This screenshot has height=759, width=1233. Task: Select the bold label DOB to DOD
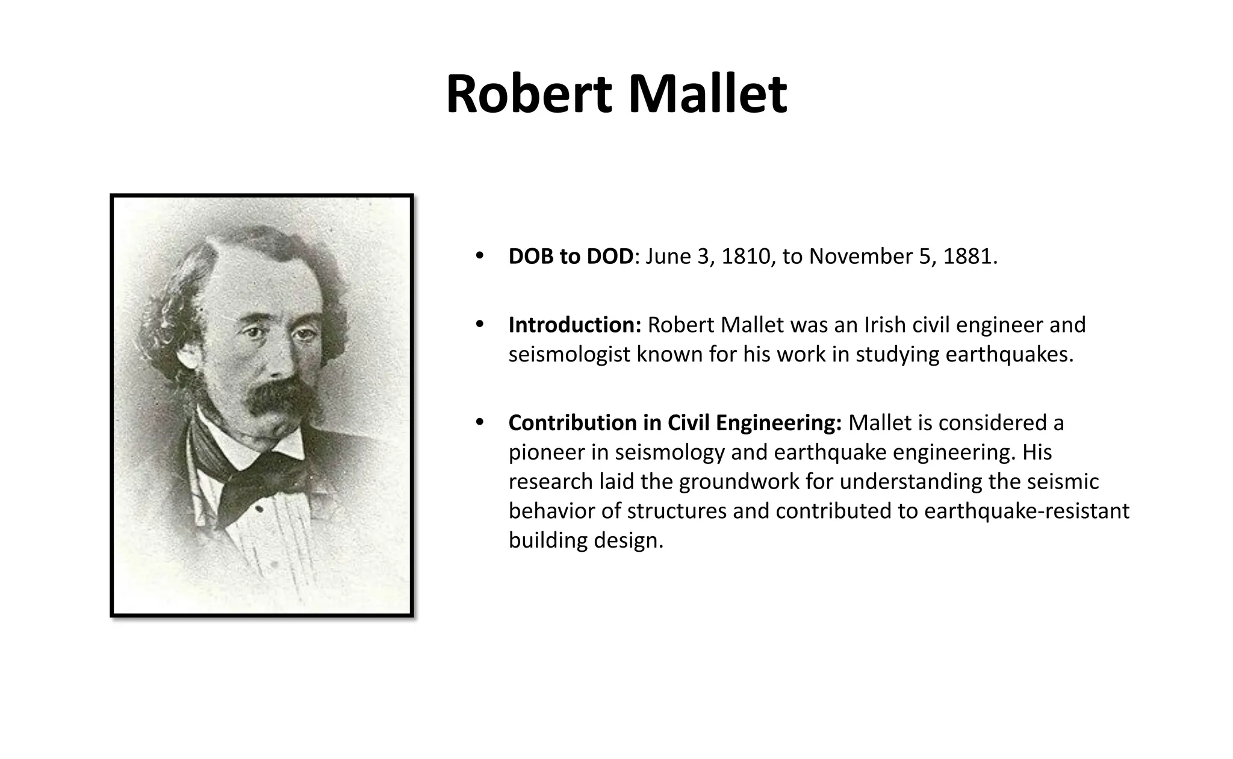[x=571, y=257]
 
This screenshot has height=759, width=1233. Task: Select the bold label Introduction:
[x=575, y=325]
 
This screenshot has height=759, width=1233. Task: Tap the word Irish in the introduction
[x=885, y=325]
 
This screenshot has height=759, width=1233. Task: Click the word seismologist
[x=570, y=355]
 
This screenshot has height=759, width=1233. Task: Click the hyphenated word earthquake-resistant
[x=1026, y=511]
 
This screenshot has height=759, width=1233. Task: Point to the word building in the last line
[x=548, y=540]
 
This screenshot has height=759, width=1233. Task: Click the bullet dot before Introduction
[x=480, y=325]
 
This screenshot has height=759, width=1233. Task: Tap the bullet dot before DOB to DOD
[x=480, y=256]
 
